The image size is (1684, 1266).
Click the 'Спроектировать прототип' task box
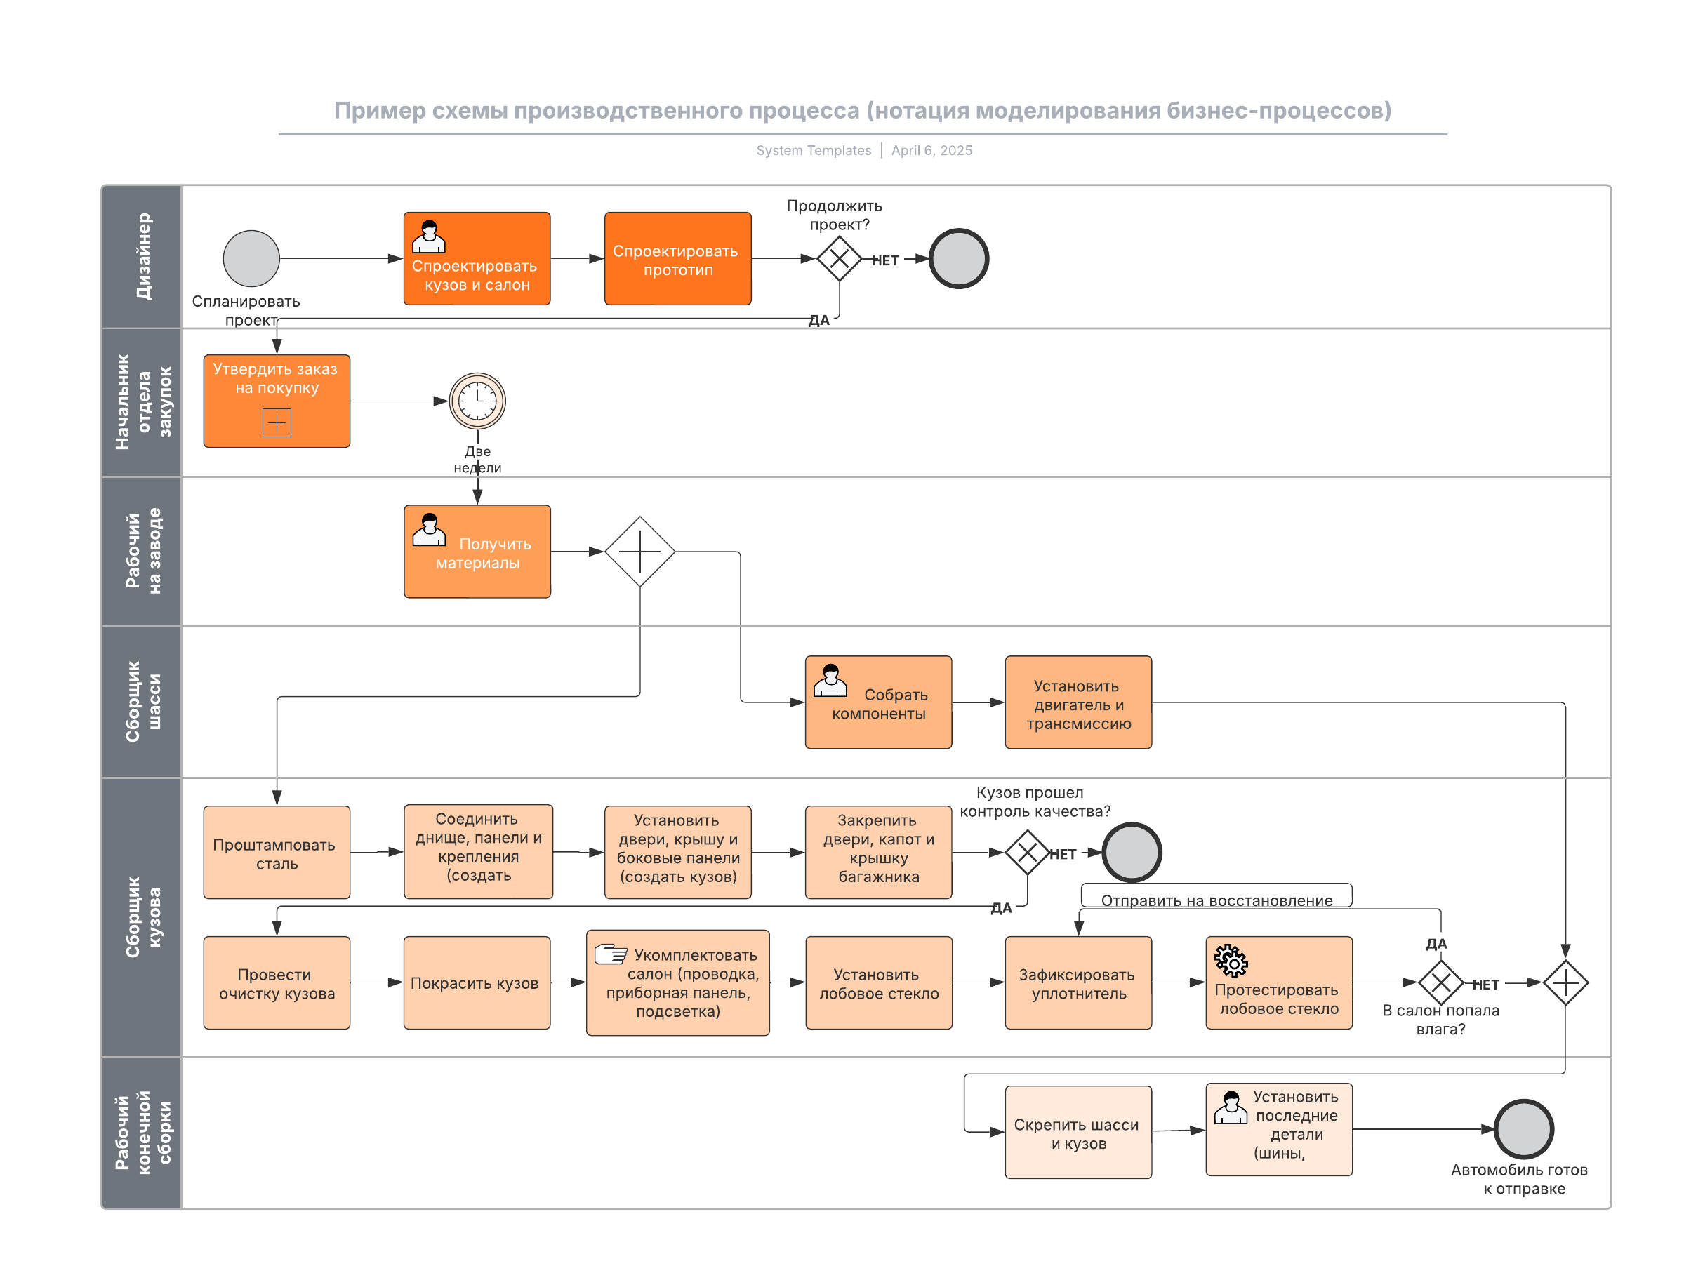tap(677, 259)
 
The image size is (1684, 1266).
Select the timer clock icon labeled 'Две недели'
tap(477, 401)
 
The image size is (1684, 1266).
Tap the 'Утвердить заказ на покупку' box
tap(277, 401)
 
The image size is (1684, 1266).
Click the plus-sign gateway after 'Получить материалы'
tap(639, 551)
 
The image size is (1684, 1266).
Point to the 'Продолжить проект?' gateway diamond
tap(838, 259)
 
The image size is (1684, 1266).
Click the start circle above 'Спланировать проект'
tap(251, 259)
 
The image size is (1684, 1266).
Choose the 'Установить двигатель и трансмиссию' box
tap(1078, 702)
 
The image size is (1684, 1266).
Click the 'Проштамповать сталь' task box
tap(277, 852)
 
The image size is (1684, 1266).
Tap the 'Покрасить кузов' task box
tap(477, 982)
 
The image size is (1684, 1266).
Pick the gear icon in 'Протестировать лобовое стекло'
tap(1231, 960)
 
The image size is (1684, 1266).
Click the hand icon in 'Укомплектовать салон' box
tap(611, 953)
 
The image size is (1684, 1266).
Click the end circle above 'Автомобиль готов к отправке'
tap(1523, 1128)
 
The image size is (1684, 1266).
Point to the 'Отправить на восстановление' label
tap(1216, 900)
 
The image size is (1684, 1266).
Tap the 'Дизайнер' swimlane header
tap(142, 257)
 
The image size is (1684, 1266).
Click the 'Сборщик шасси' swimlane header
tap(142, 701)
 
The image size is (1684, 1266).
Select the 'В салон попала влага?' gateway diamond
tap(1440, 982)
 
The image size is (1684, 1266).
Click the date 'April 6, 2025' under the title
tap(931, 151)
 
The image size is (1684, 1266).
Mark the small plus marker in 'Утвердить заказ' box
tap(277, 422)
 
